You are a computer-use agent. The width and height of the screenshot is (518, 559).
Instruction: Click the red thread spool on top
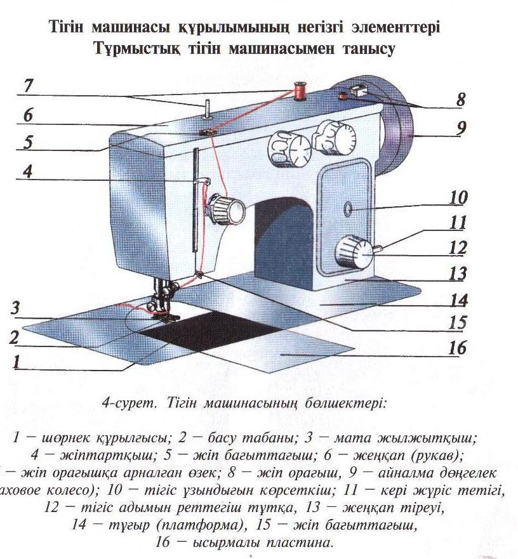[298, 90]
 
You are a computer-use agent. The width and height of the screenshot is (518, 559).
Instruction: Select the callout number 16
[457, 348]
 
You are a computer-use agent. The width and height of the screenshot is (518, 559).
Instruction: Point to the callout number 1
[17, 362]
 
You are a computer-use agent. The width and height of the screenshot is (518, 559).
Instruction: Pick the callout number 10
[458, 197]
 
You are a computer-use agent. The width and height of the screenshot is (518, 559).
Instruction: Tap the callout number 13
[458, 273]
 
